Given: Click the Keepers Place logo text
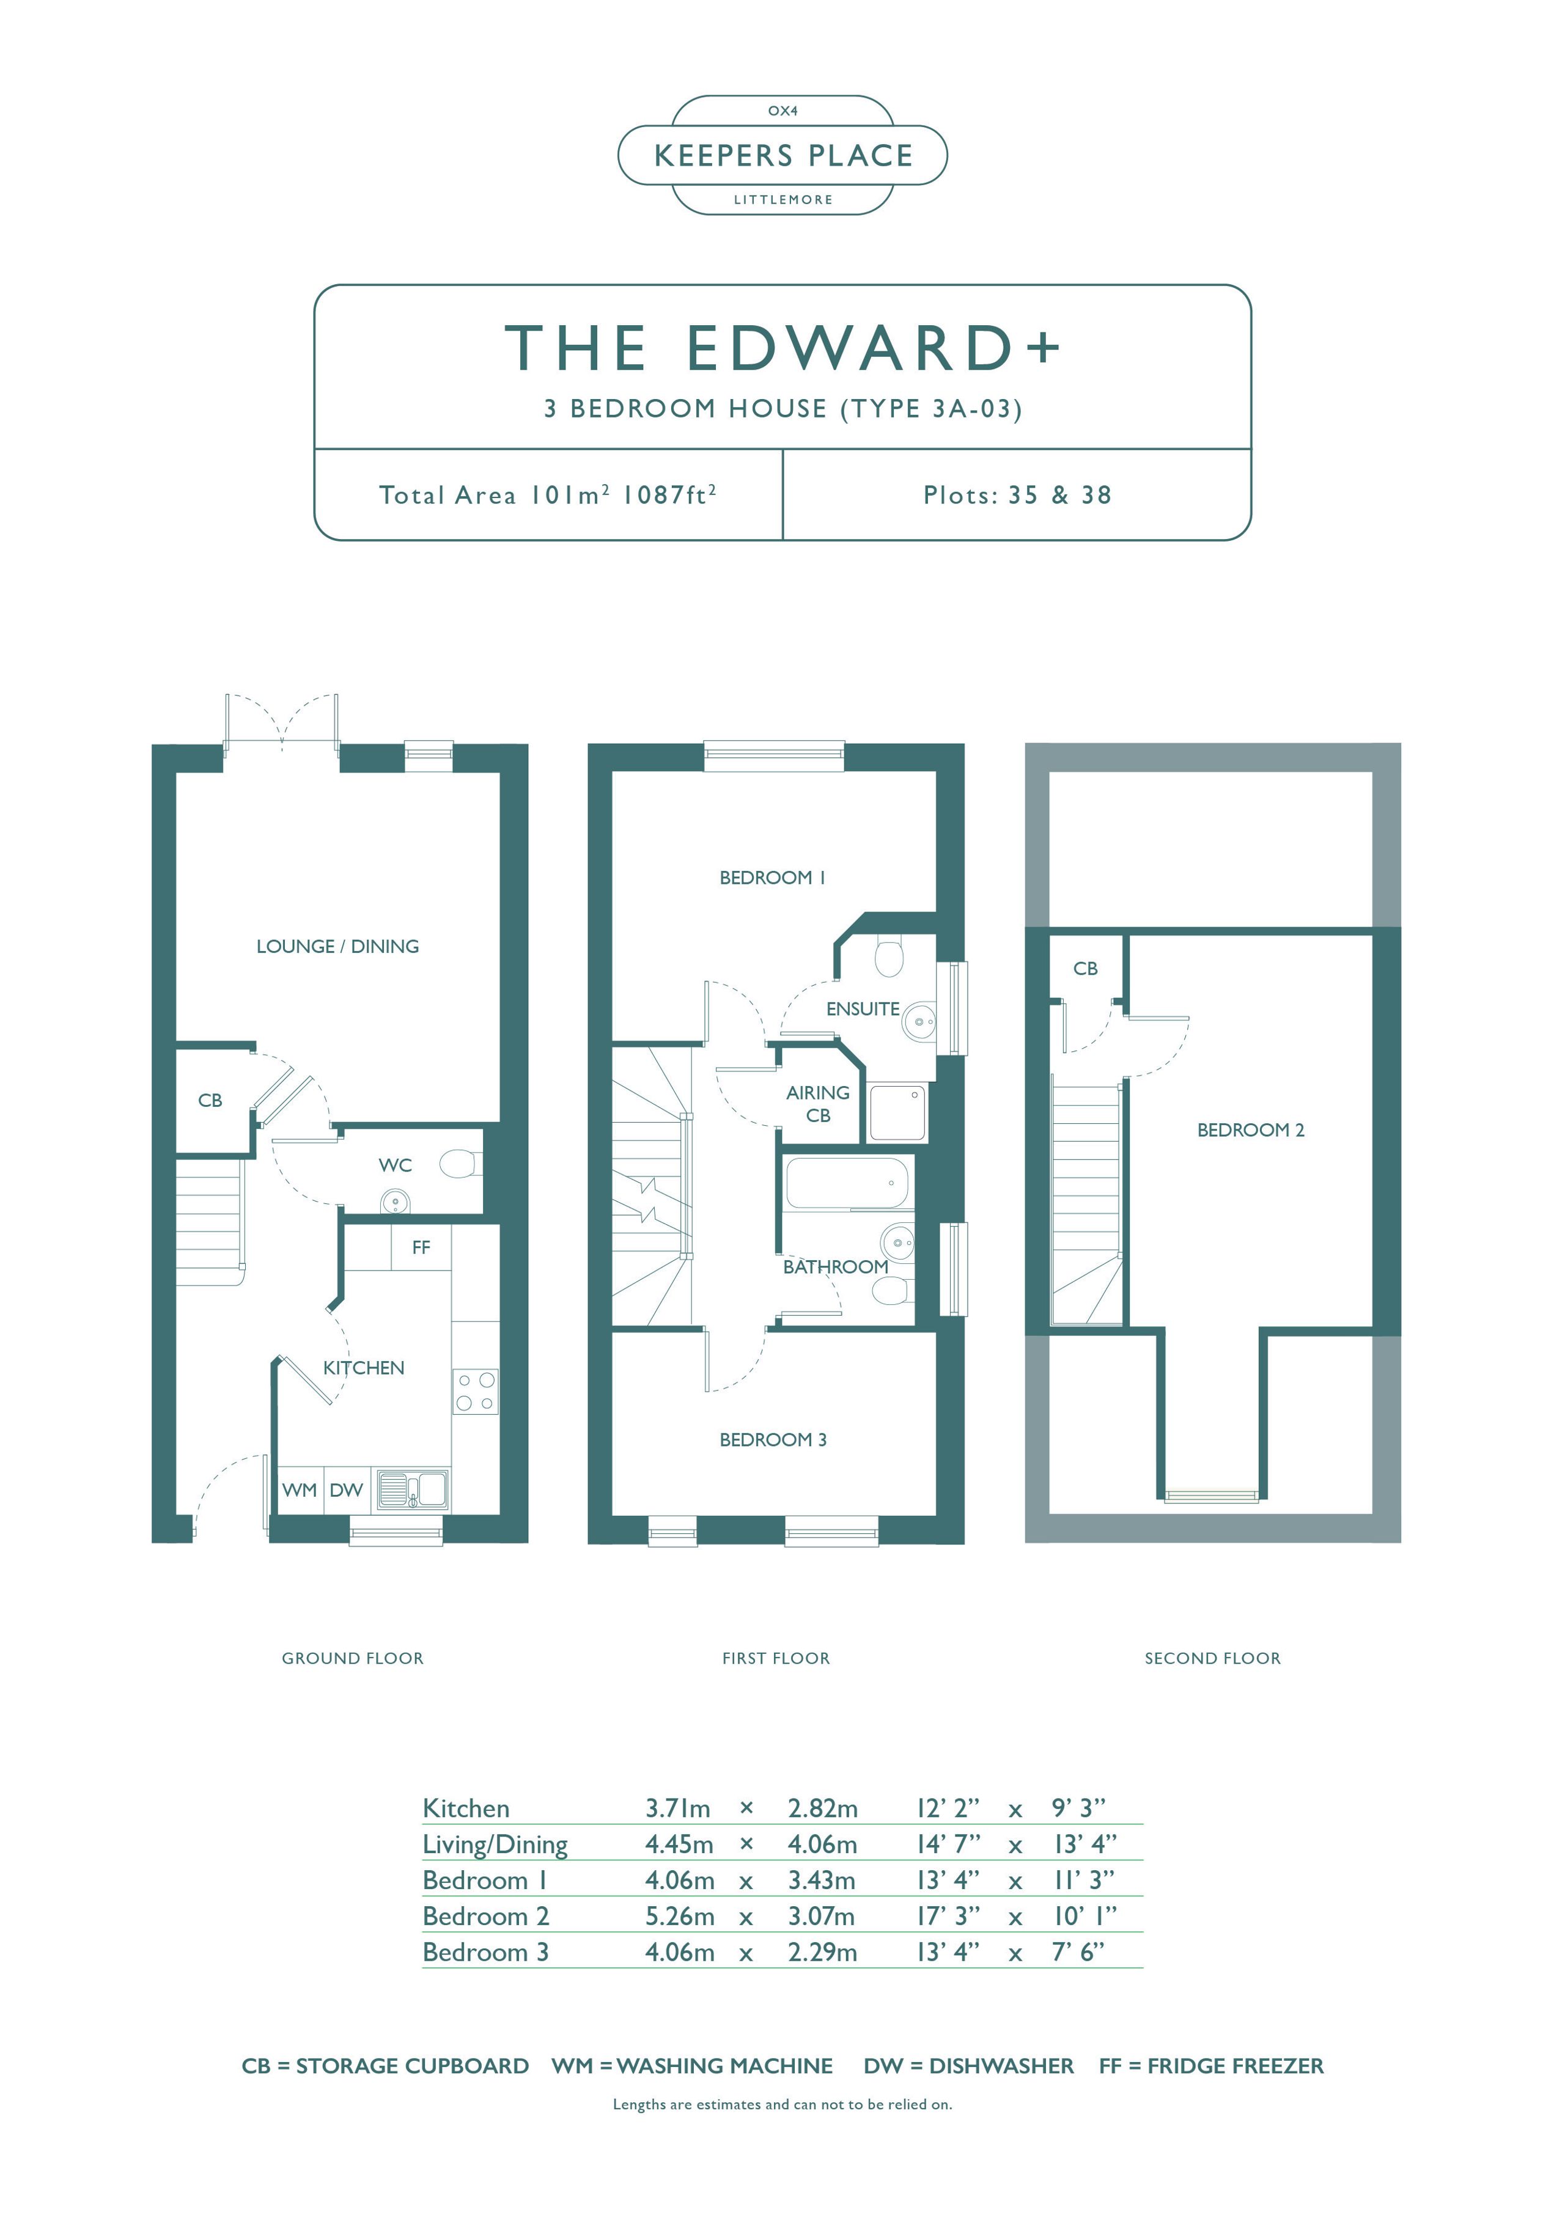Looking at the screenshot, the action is (783, 155).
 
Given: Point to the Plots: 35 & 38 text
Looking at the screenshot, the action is (1017, 496).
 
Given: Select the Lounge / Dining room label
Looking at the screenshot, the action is (337, 947).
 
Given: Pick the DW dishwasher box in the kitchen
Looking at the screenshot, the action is (346, 1490).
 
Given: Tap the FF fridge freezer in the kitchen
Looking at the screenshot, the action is (421, 1247).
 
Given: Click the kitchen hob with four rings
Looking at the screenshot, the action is (476, 1392).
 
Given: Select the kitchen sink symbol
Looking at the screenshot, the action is (412, 1489).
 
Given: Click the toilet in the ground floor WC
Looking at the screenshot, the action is (460, 1164).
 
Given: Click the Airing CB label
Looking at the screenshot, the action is (818, 1104).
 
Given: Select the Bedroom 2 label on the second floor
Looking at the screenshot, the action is (1251, 1129).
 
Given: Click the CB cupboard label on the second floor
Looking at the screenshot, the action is (1084, 969).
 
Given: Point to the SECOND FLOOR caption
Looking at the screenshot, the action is (1212, 1659).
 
